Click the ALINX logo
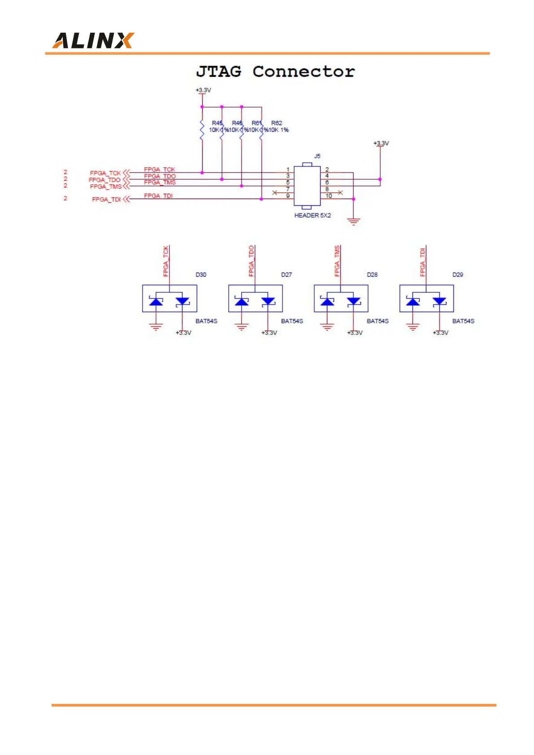(93, 41)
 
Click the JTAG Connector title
(275, 72)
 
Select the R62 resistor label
(277, 123)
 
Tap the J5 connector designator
(317, 156)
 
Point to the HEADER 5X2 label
(313, 216)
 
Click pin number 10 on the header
(329, 196)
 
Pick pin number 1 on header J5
(288, 169)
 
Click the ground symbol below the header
(354, 221)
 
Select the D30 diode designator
(201, 274)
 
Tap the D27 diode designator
(287, 274)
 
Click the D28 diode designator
(372, 274)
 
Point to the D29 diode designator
(458, 274)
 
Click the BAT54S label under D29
(463, 321)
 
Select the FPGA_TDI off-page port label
(106, 200)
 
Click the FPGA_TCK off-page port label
(105, 173)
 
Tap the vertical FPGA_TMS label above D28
(337, 261)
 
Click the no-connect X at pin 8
(340, 192)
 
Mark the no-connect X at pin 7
(274, 192)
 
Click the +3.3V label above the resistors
(203, 90)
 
